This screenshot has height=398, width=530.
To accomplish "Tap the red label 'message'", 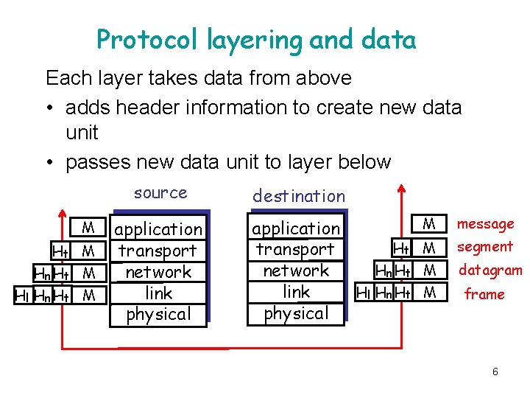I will click(x=486, y=223).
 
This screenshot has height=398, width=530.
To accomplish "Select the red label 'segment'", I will click(x=484, y=247).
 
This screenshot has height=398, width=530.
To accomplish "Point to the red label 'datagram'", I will click(x=490, y=270).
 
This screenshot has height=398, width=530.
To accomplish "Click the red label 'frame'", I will click(x=484, y=294).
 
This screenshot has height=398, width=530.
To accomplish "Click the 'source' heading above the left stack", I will click(x=160, y=193).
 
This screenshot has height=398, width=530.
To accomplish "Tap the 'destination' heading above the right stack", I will click(x=298, y=196).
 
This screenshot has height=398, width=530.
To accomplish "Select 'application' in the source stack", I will click(x=159, y=229).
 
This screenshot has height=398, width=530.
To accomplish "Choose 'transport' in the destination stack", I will click(x=295, y=249).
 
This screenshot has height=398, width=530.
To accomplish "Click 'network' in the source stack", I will click(x=158, y=272).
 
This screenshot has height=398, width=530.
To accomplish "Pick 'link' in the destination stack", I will click(x=296, y=292).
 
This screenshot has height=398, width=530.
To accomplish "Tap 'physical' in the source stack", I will click(x=158, y=314).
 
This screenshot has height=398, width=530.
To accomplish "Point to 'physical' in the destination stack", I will click(x=296, y=313).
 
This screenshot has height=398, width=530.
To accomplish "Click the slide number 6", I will click(x=495, y=372).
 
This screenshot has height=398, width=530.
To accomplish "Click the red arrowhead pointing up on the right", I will click(x=401, y=188).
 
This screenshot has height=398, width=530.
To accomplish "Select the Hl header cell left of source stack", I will click(x=22, y=296).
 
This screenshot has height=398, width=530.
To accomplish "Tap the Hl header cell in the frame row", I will click(x=364, y=293).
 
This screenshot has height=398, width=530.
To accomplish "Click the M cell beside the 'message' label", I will click(x=430, y=223).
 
